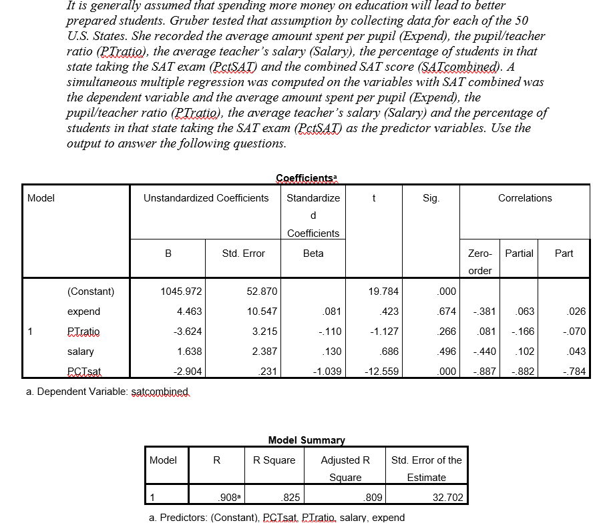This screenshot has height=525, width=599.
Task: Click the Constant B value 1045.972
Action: [x=182, y=292]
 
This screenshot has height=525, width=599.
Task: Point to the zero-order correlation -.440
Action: [x=482, y=352]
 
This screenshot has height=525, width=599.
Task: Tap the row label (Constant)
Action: [x=91, y=292]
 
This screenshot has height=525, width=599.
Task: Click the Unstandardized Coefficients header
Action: [x=206, y=198]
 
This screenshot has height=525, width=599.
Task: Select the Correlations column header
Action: [x=525, y=198]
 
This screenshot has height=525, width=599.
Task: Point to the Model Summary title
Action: [x=307, y=440]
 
